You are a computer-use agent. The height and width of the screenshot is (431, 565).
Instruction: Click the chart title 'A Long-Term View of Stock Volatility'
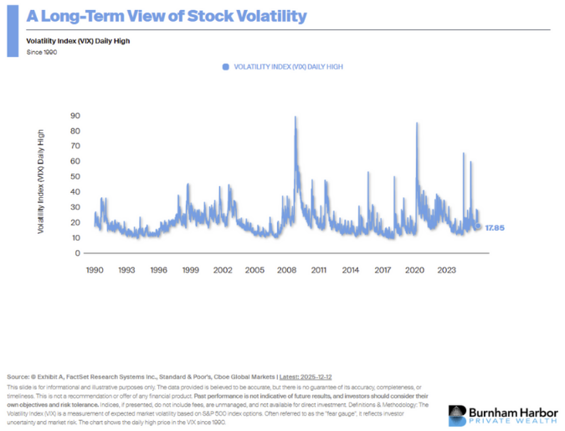click(x=154, y=17)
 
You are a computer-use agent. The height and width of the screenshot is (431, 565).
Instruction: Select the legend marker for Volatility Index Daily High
click(x=225, y=66)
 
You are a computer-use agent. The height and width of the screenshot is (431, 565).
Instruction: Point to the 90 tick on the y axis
click(x=74, y=116)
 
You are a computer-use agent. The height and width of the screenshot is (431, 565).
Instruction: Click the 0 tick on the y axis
click(x=77, y=253)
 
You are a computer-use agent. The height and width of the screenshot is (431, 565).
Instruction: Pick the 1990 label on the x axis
click(x=95, y=271)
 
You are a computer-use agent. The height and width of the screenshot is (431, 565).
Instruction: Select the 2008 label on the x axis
click(x=286, y=271)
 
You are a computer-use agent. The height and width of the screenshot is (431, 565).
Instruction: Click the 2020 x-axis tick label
click(x=414, y=271)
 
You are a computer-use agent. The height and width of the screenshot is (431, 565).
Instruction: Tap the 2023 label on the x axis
click(x=446, y=271)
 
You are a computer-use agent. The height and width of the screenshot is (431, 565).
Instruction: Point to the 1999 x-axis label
click(x=190, y=271)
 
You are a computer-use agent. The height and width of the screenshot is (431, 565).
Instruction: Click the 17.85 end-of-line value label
click(x=496, y=227)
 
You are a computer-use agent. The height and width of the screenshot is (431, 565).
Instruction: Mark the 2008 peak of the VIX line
click(x=295, y=117)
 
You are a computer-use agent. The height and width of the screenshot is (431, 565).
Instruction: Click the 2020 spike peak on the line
click(x=416, y=123)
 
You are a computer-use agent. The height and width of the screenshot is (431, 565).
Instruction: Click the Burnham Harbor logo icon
click(x=458, y=414)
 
